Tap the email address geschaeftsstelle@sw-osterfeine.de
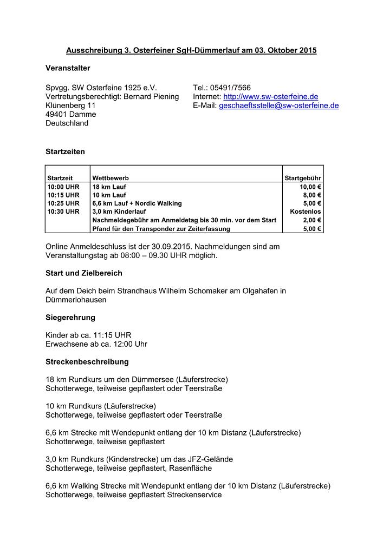(x=278, y=105)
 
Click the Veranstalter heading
(x=68, y=68)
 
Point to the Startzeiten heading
(x=65, y=152)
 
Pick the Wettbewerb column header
(x=111, y=177)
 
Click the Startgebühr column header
(x=303, y=177)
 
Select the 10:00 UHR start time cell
(x=63, y=186)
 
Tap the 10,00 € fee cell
(x=311, y=186)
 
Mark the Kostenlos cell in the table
(x=306, y=212)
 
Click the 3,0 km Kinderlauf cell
(x=116, y=212)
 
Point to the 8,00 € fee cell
(x=313, y=195)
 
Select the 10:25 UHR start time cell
(x=63, y=203)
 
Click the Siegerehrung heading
(x=70, y=318)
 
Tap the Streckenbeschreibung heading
(x=87, y=361)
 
